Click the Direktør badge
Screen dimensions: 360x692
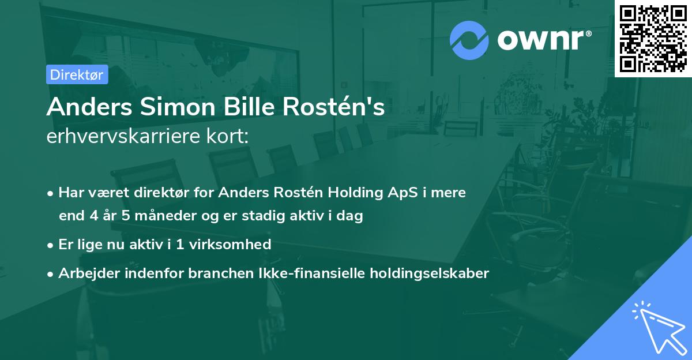point(77,74)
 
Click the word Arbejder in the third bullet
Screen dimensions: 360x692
point(84,273)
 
